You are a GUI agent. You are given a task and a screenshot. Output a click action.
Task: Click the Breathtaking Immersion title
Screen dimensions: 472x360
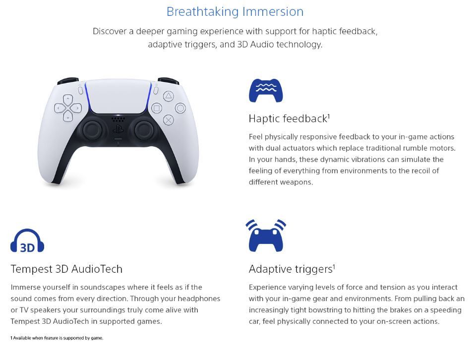(235, 12)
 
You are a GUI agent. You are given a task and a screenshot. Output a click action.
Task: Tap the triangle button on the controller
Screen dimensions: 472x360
(168, 96)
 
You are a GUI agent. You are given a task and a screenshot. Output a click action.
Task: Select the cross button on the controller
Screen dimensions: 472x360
(168, 120)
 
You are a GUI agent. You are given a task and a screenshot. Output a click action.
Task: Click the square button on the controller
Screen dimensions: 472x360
(157, 108)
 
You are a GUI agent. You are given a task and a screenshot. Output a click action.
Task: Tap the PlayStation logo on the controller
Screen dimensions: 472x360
(118, 129)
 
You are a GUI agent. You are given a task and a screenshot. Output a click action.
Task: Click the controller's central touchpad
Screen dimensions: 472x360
(118, 96)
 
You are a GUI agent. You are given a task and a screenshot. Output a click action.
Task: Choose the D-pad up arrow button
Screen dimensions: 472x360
(68, 99)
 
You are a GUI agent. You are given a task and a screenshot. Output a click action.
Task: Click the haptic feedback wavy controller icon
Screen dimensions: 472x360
(266, 90)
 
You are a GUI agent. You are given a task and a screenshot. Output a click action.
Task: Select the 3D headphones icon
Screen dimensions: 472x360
(27, 240)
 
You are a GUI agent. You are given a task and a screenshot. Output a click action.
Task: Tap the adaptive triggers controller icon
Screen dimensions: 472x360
(266, 236)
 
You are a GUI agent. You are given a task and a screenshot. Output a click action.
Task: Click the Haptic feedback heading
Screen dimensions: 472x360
(289, 119)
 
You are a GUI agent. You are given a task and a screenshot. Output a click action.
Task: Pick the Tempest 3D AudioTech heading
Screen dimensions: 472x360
(66, 269)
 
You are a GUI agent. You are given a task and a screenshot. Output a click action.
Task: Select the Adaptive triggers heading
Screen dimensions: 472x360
(292, 269)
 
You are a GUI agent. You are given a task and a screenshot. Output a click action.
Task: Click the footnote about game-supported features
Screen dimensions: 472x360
(57, 338)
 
